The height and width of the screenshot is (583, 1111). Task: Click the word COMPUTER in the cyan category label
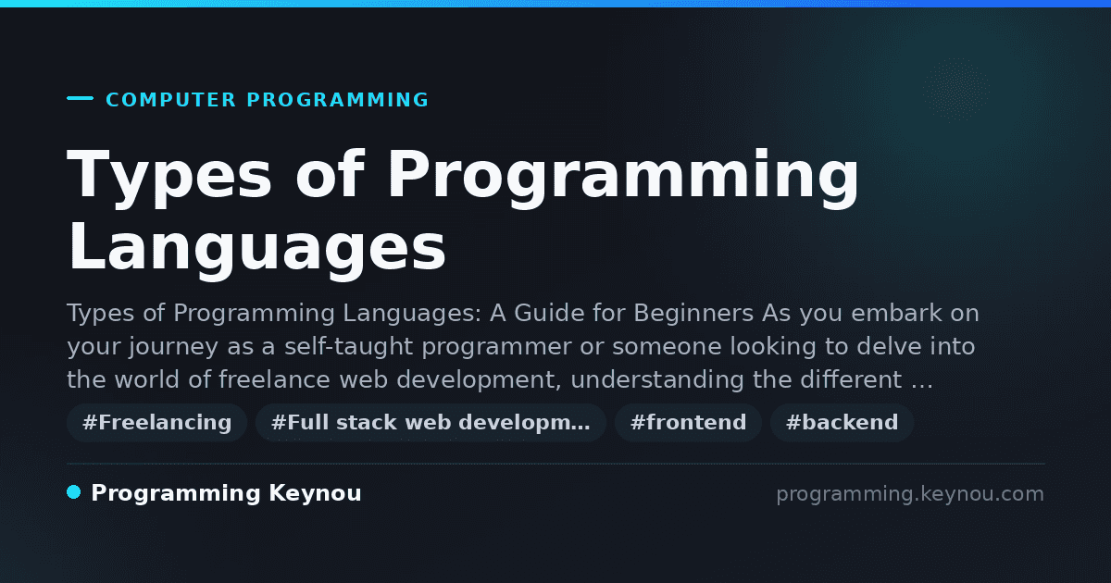tap(171, 100)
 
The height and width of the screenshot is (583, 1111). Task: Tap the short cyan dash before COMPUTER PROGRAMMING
tap(80, 98)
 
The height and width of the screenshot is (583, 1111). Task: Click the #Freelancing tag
tap(156, 423)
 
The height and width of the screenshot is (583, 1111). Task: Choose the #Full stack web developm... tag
tap(431, 423)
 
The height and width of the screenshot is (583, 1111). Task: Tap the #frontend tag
tap(688, 423)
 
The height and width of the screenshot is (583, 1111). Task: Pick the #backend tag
tap(842, 423)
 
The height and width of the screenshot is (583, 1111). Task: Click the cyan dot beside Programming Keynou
tap(73, 492)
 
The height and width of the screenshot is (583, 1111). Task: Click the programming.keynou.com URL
tap(910, 494)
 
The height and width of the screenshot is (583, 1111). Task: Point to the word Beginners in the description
tap(693, 315)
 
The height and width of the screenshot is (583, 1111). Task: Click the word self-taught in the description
tap(349, 346)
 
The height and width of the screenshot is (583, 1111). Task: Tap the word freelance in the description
tap(274, 379)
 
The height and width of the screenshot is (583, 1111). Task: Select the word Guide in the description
tap(544, 314)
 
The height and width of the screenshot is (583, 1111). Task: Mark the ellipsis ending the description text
tap(922, 387)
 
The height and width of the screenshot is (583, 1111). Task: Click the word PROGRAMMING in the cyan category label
tap(337, 100)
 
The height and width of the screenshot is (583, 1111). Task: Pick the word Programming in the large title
tap(623, 178)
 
